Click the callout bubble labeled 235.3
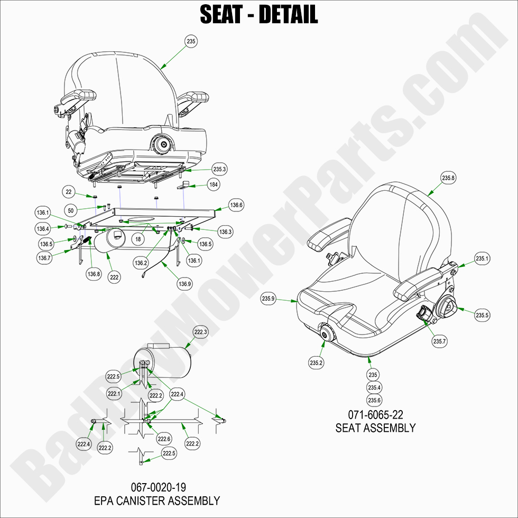tap(219, 169)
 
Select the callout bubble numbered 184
tap(214, 185)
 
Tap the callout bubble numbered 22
tap(68, 191)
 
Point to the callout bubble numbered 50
tap(71, 209)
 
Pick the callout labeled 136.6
tap(236, 205)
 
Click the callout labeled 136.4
tap(43, 229)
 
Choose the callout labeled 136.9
tap(184, 284)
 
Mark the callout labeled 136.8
tap(93, 274)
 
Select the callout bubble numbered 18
tap(138, 239)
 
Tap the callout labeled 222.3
tap(201, 332)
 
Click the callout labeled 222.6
tap(164, 439)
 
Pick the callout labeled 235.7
tap(440, 341)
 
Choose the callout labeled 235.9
tap(269, 299)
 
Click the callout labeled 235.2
tap(316, 363)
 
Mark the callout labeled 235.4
tap(374, 388)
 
